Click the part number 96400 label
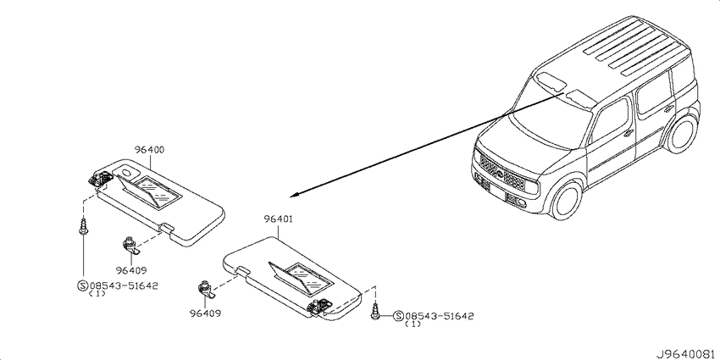150,150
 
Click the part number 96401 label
279,219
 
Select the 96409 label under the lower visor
205,313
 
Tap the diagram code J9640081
687,354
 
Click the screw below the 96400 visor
83,227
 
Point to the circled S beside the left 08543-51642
83,285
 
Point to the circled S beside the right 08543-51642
399,316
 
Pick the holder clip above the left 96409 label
130,246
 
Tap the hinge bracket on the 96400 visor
101,178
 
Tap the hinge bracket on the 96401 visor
320,306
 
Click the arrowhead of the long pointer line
293,195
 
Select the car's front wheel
567,200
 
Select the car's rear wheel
683,132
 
